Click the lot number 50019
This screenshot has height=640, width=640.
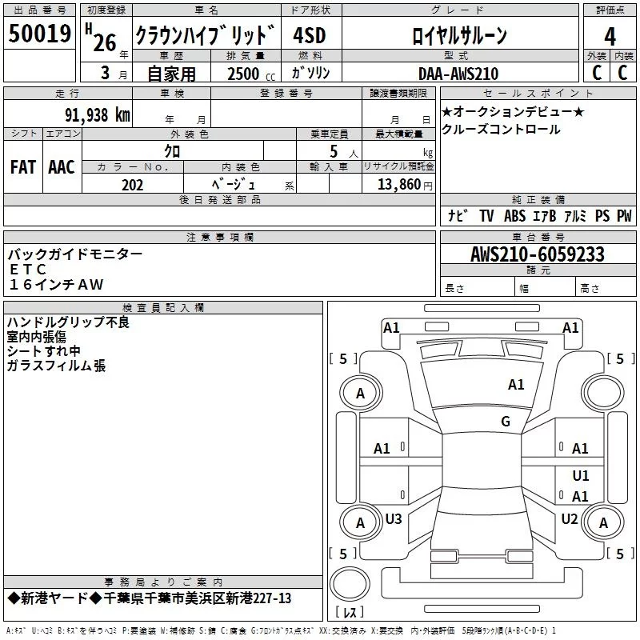pyautogui.click(x=40, y=34)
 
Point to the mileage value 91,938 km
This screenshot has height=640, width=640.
pyautogui.click(x=96, y=114)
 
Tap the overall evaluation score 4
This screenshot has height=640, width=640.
pyautogui.click(x=610, y=36)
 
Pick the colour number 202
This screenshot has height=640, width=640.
pyautogui.click(x=132, y=185)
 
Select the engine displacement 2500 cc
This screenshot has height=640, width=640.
pyautogui.click(x=244, y=74)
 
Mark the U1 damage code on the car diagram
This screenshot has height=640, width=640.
pyautogui.click(x=581, y=475)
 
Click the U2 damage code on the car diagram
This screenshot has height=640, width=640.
pyautogui.click(x=569, y=519)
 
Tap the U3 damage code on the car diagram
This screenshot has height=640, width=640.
pyautogui.click(x=394, y=519)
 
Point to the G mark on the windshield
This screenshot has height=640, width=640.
pyautogui.click(x=506, y=422)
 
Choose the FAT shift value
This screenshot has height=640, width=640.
pyautogui.click(x=22, y=166)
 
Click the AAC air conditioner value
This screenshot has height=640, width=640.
pyautogui.click(x=62, y=166)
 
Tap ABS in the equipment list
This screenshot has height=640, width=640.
pyautogui.click(x=514, y=215)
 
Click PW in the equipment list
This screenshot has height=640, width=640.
pyautogui.click(x=624, y=215)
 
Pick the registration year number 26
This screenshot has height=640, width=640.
pyautogui.click(x=105, y=42)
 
